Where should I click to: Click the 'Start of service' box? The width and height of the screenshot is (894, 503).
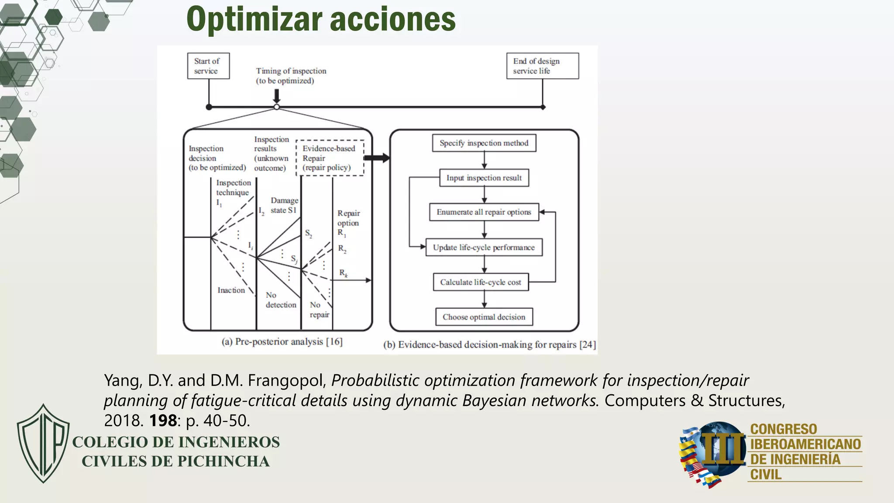coord(208,66)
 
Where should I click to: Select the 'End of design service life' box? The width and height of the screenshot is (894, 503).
coord(542,66)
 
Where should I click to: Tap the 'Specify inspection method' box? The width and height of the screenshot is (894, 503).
coord(484,143)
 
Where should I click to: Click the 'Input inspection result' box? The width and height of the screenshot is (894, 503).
coord(484,178)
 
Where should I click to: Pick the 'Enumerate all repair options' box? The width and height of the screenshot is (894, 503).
coord(484,212)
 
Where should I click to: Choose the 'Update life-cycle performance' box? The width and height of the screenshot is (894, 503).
coord(484,247)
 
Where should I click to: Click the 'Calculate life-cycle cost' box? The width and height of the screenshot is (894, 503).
coord(480,282)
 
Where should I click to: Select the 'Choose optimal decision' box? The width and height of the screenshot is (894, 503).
coord(484,317)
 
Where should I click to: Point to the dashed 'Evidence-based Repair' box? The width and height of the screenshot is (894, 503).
coord(330,158)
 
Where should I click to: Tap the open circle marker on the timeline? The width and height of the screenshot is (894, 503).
coord(276,107)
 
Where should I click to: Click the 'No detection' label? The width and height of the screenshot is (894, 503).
coord(280,300)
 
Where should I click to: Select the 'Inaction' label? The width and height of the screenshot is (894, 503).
coord(231,290)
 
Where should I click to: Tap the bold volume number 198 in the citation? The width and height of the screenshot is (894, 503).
coord(163,420)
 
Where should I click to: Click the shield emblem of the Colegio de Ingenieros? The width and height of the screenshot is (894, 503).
coord(43,443)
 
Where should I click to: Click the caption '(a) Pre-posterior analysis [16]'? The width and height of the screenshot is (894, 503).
coord(282,342)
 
